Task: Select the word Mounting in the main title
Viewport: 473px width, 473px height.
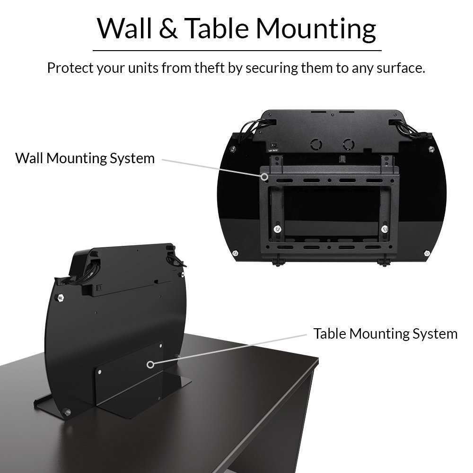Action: coord(316,29)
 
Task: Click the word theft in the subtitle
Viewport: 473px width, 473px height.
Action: coord(210,68)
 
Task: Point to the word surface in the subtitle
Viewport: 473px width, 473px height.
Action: coord(401,68)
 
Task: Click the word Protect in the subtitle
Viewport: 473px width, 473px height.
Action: coord(70,68)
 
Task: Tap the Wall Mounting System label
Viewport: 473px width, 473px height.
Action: coord(85,158)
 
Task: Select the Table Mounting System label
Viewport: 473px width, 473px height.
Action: coord(385,333)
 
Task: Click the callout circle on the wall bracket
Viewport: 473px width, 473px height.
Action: coord(264,177)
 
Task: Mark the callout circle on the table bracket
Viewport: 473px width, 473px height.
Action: coord(150,364)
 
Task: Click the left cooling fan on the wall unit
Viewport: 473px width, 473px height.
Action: coord(316,144)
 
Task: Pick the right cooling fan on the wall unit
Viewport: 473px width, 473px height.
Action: coord(349,144)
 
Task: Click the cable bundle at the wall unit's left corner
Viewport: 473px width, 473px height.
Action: coord(256,128)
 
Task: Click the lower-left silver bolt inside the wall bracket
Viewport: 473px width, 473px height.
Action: coord(277,229)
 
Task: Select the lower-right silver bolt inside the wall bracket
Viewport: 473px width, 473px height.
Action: coord(385,229)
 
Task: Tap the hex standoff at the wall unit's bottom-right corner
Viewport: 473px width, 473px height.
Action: coord(427,253)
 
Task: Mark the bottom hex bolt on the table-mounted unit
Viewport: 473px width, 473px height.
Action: coord(67,412)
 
